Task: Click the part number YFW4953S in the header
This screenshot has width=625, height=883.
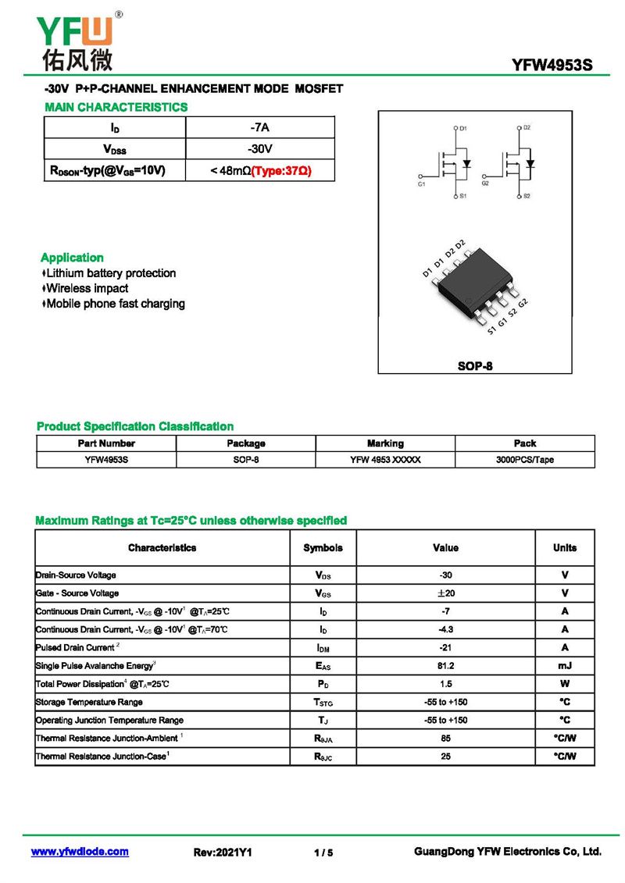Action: (x=552, y=66)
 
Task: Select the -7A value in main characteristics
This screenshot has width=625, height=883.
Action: (x=259, y=127)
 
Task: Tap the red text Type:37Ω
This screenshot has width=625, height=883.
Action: (x=281, y=170)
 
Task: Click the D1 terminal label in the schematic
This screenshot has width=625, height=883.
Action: (x=462, y=127)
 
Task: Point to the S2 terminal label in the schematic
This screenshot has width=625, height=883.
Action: (x=527, y=196)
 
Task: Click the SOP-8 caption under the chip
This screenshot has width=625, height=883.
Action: (x=475, y=365)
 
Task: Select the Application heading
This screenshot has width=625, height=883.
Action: (x=72, y=258)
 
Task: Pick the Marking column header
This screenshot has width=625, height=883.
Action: (x=385, y=443)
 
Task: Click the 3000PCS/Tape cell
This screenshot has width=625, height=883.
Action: (x=524, y=460)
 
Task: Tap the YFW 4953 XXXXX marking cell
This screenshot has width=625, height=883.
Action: (x=385, y=460)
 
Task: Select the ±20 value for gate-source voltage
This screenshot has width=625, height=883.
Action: (x=445, y=593)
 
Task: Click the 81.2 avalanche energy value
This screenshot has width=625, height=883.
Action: (x=445, y=666)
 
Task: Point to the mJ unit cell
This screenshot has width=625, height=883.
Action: (x=564, y=666)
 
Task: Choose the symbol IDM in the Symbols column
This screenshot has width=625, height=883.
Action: (x=323, y=648)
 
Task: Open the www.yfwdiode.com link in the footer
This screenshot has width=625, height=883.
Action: (x=80, y=852)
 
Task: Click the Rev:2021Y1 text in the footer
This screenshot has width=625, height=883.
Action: (x=223, y=853)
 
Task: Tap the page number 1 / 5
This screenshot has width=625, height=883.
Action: (x=323, y=853)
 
